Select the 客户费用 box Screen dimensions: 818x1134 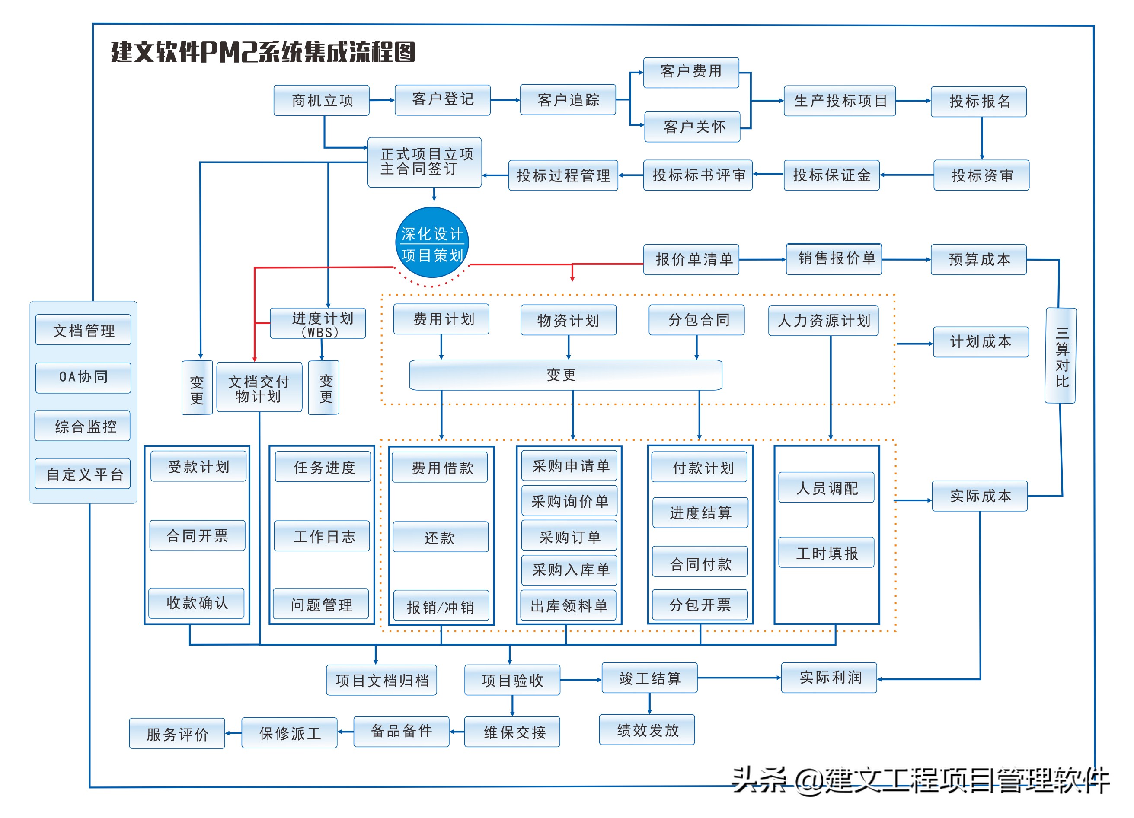(691, 73)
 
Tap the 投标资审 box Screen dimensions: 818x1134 (981, 175)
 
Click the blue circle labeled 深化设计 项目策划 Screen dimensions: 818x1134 (432, 243)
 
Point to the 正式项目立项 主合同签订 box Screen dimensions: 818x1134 (425, 162)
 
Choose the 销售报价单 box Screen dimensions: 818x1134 (834, 259)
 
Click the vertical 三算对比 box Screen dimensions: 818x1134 (1061, 355)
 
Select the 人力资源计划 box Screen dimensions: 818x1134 (824, 320)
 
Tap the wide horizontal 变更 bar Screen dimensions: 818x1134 (565, 375)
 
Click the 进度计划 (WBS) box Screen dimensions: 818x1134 (318, 323)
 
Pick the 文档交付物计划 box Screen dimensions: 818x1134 (259, 387)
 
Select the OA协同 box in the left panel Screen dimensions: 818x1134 (83, 378)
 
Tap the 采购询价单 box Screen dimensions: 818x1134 (569, 501)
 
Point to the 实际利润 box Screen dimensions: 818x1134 (829, 678)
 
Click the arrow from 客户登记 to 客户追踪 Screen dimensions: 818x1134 (505, 100)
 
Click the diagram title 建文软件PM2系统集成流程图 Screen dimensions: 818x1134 (263, 52)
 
